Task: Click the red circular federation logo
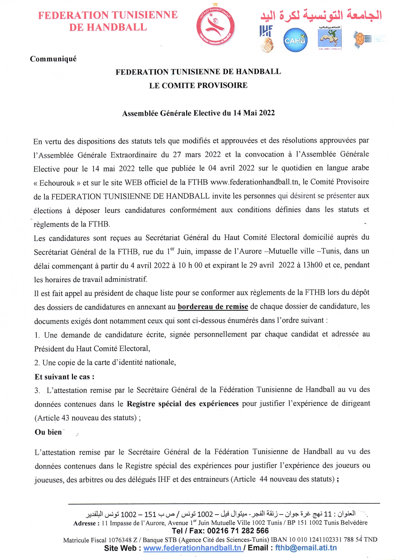(215, 26)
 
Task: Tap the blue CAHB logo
(295, 40)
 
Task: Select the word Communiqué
(53, 59)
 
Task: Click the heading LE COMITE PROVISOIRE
(198, 85)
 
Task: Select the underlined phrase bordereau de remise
(213, 307)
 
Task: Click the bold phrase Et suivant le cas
(64, 377)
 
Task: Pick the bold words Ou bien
(48, 432)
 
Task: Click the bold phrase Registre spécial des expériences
(183, 404)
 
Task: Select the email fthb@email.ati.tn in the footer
(306, 548)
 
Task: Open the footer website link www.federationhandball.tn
(192, 548)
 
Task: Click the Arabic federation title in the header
(321, 15)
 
